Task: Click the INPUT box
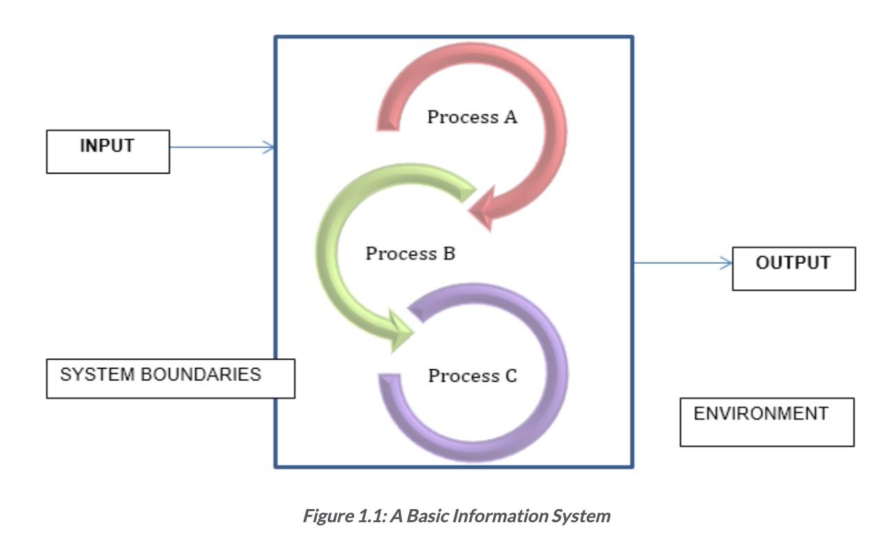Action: coord(107,151)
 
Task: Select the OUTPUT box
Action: coord(793,268)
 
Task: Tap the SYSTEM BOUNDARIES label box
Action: coord(170,378)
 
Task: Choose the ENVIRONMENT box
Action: coord(767,422)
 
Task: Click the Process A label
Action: coord(472,117)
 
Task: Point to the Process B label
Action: coord(410,254)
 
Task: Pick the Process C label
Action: coord(472,376)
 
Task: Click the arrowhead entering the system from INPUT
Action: coord(270,147)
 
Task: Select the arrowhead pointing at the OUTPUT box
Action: coord(725,262)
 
